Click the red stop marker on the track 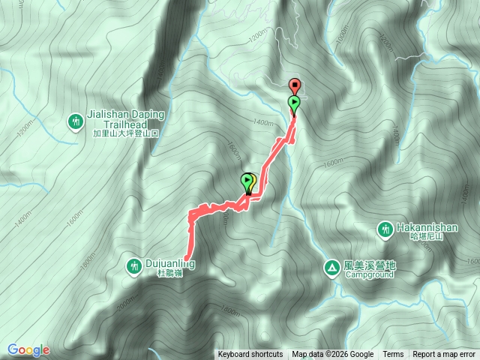[x=295, y=85]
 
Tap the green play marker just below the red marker [x=294, y=103]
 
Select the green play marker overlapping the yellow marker [x=247, y=181]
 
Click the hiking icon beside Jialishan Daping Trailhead [x=76, y=121]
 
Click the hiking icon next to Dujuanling [x=133, y=265]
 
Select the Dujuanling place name [x=171, y=264]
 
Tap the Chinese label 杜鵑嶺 [x=170, y=274]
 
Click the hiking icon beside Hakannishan [x=385, y=228]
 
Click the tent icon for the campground [x=331, y=266]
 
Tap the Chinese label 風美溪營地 [x=369, y=265]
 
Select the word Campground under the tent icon [x=370, y=275]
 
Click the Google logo [x=28, y=349]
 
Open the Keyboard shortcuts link [x=250, y=355]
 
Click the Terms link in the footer [x=393, y=355]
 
